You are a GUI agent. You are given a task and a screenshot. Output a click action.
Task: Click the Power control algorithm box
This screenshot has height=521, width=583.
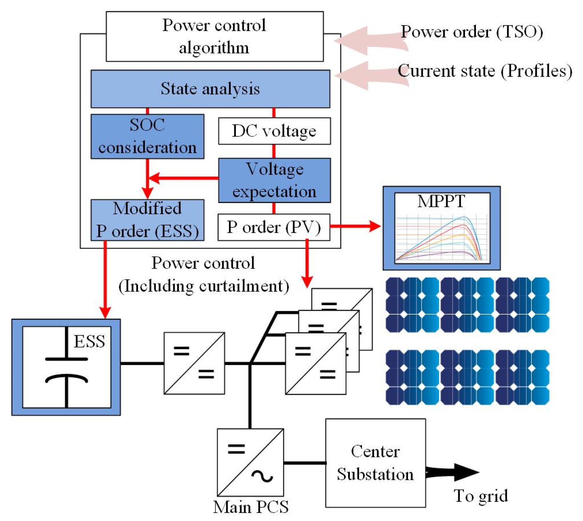214,36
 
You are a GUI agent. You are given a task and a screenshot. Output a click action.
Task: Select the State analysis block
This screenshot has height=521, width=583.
210,89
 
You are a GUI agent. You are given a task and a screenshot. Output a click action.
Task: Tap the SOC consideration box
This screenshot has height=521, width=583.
147,136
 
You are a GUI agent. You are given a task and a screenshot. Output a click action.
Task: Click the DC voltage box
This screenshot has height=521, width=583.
274,131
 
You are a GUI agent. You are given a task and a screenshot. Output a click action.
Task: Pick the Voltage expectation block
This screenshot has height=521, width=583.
274,180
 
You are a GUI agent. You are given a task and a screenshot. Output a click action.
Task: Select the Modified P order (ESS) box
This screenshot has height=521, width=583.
147,220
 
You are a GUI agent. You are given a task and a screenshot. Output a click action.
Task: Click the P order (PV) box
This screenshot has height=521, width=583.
274,227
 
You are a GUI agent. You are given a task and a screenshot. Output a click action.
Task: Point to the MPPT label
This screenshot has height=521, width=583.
441,201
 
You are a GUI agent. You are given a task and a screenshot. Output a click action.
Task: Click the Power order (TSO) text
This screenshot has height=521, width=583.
472,32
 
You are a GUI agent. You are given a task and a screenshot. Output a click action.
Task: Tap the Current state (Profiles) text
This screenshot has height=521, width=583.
485,71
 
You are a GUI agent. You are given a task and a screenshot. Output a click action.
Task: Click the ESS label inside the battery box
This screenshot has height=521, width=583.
89,342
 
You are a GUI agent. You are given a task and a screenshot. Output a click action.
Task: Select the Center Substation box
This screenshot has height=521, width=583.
375,463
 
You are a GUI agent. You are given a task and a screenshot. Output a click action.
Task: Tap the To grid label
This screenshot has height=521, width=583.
480,496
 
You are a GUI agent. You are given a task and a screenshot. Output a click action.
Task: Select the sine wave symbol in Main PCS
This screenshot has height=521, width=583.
262,476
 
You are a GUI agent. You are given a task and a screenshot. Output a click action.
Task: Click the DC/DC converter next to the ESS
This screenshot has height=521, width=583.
194,363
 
